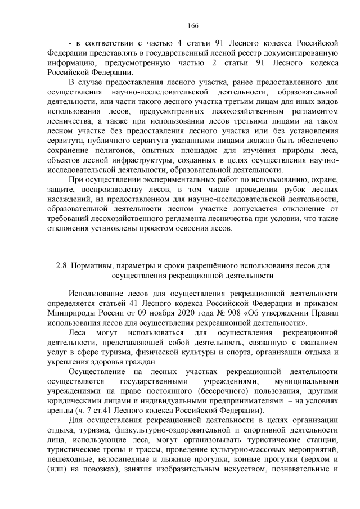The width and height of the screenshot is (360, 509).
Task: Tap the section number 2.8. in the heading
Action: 62,265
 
